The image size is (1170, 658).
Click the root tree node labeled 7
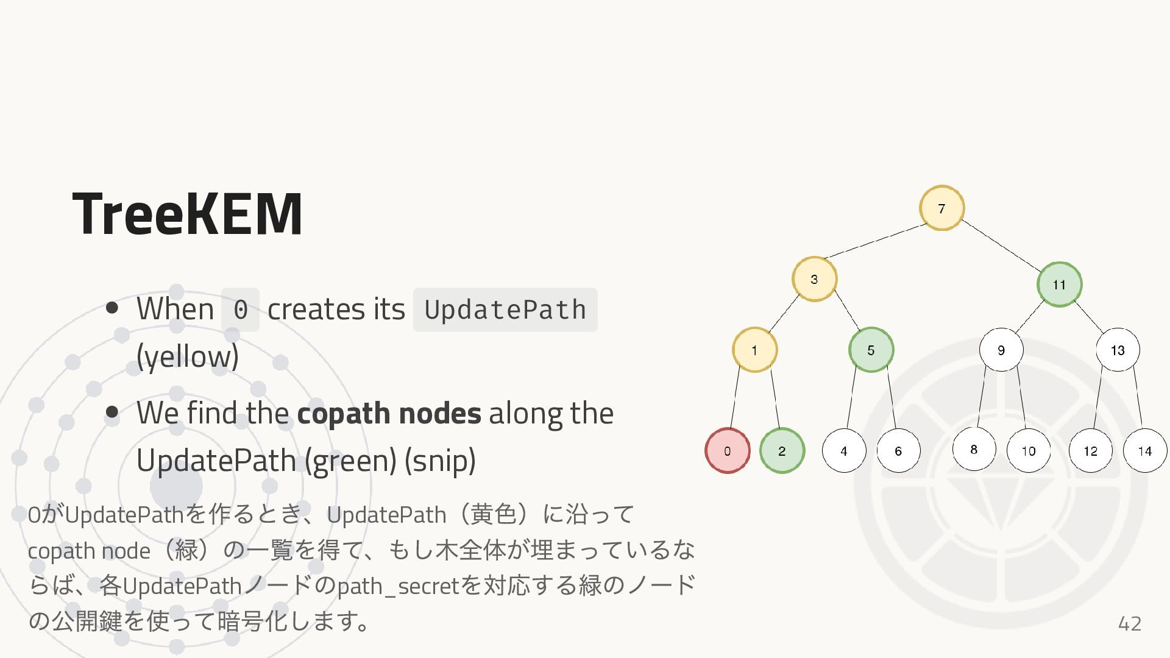point(941,208)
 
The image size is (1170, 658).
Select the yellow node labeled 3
point(814,279)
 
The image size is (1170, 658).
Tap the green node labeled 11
point(1059,285)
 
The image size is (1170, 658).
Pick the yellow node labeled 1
point(754,350)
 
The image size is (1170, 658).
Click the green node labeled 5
point(871,350)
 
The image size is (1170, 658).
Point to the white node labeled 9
point(1001,350)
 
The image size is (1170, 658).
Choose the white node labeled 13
point(1117,350)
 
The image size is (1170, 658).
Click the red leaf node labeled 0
point(727,451)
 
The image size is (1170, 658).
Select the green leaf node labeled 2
point(782,451)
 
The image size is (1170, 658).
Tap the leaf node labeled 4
point(843,451)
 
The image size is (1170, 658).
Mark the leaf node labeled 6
point(898,451)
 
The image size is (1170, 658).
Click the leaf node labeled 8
point(974,450)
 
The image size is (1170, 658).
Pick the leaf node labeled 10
point(1029,451)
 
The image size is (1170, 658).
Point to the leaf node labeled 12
point(1090,451)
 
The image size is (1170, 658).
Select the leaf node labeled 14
point(1144,451)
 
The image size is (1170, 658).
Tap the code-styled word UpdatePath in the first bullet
point(505,310)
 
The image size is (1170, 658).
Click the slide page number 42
point(1129,623)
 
